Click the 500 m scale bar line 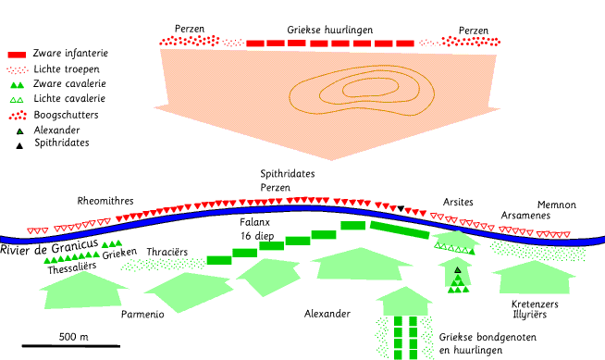71,346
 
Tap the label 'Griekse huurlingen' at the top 330,31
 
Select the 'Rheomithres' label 105,201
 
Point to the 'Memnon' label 557,205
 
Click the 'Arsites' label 458,202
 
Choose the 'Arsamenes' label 525,216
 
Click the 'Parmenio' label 142,314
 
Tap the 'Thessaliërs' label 72,267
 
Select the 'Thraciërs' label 167,252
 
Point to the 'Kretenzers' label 535,304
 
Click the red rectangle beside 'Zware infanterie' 17,55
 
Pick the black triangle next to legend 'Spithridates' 19,145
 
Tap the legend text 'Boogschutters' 66,115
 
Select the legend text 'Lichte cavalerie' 69,98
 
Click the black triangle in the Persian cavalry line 401,208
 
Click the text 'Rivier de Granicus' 49,247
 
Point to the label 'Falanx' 254,222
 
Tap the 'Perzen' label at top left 190,29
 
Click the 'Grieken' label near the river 119,254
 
